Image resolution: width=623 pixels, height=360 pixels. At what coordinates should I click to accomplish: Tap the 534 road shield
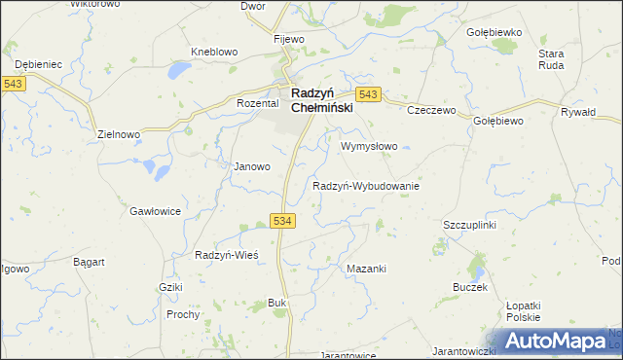click(x=283, y=222)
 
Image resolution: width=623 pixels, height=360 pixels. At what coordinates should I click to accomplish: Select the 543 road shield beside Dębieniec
click(x=14, y=85)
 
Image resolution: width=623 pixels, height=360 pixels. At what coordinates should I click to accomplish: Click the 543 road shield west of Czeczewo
click(x=368, y=94)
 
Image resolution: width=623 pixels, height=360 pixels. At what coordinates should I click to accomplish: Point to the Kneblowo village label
click(x=215, y=53)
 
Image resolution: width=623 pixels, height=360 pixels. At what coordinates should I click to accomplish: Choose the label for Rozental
click(x=258, y=102)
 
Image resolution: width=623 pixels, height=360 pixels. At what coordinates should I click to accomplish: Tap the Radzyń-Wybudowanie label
click(x=365, y=186)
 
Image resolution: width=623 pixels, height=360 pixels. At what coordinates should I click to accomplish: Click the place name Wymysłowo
click(x=370, y=147)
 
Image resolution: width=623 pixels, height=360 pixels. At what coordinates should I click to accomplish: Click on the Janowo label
click(x=251, y=166)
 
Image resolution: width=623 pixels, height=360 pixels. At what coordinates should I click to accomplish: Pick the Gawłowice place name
click(x=155, y=210)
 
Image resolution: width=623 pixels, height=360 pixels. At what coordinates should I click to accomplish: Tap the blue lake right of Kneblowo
click(x=179, y=70)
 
